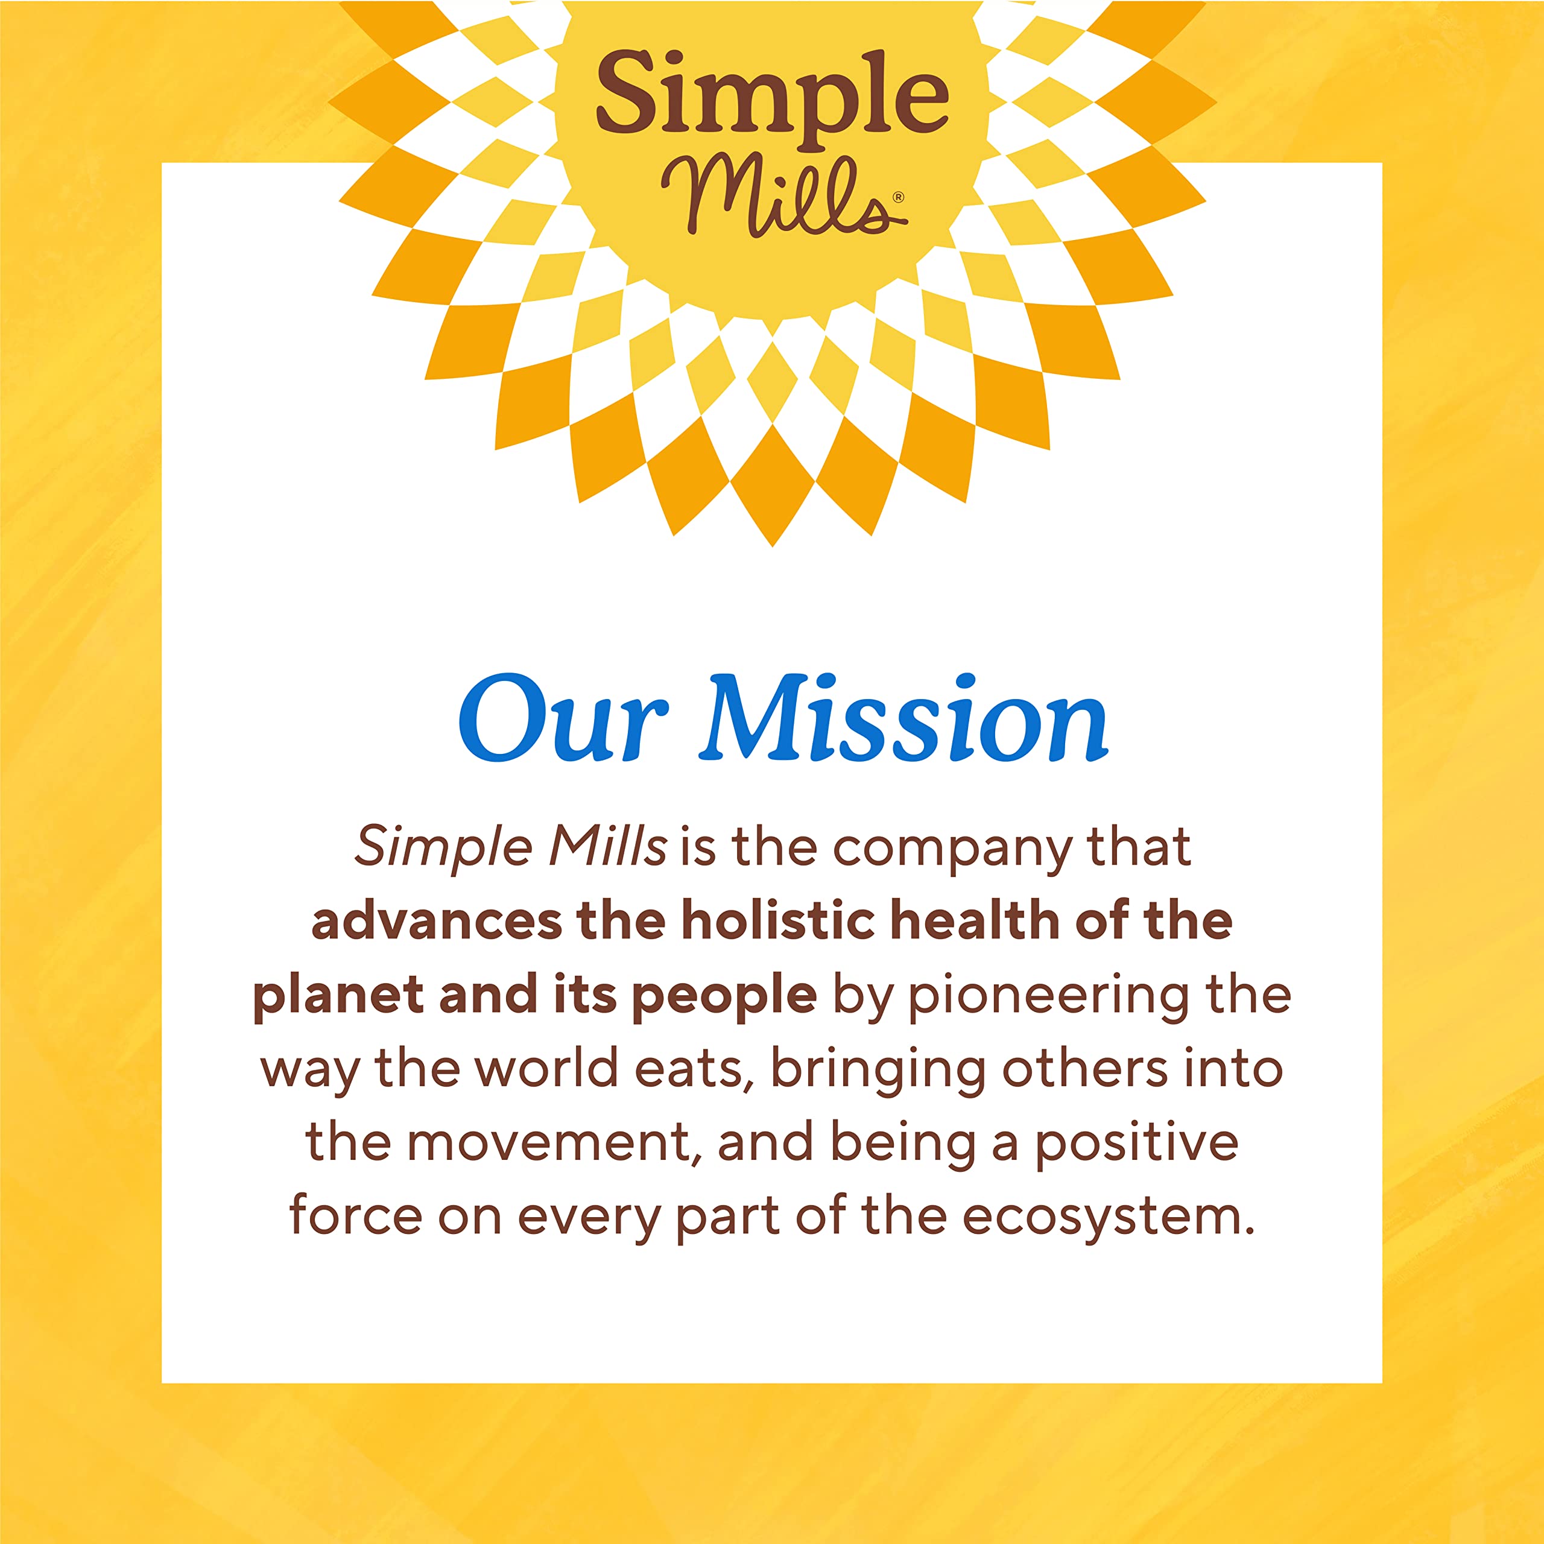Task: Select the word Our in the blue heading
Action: [562, 720]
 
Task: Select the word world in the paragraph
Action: [551, 1069]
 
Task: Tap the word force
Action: [355, 1217]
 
